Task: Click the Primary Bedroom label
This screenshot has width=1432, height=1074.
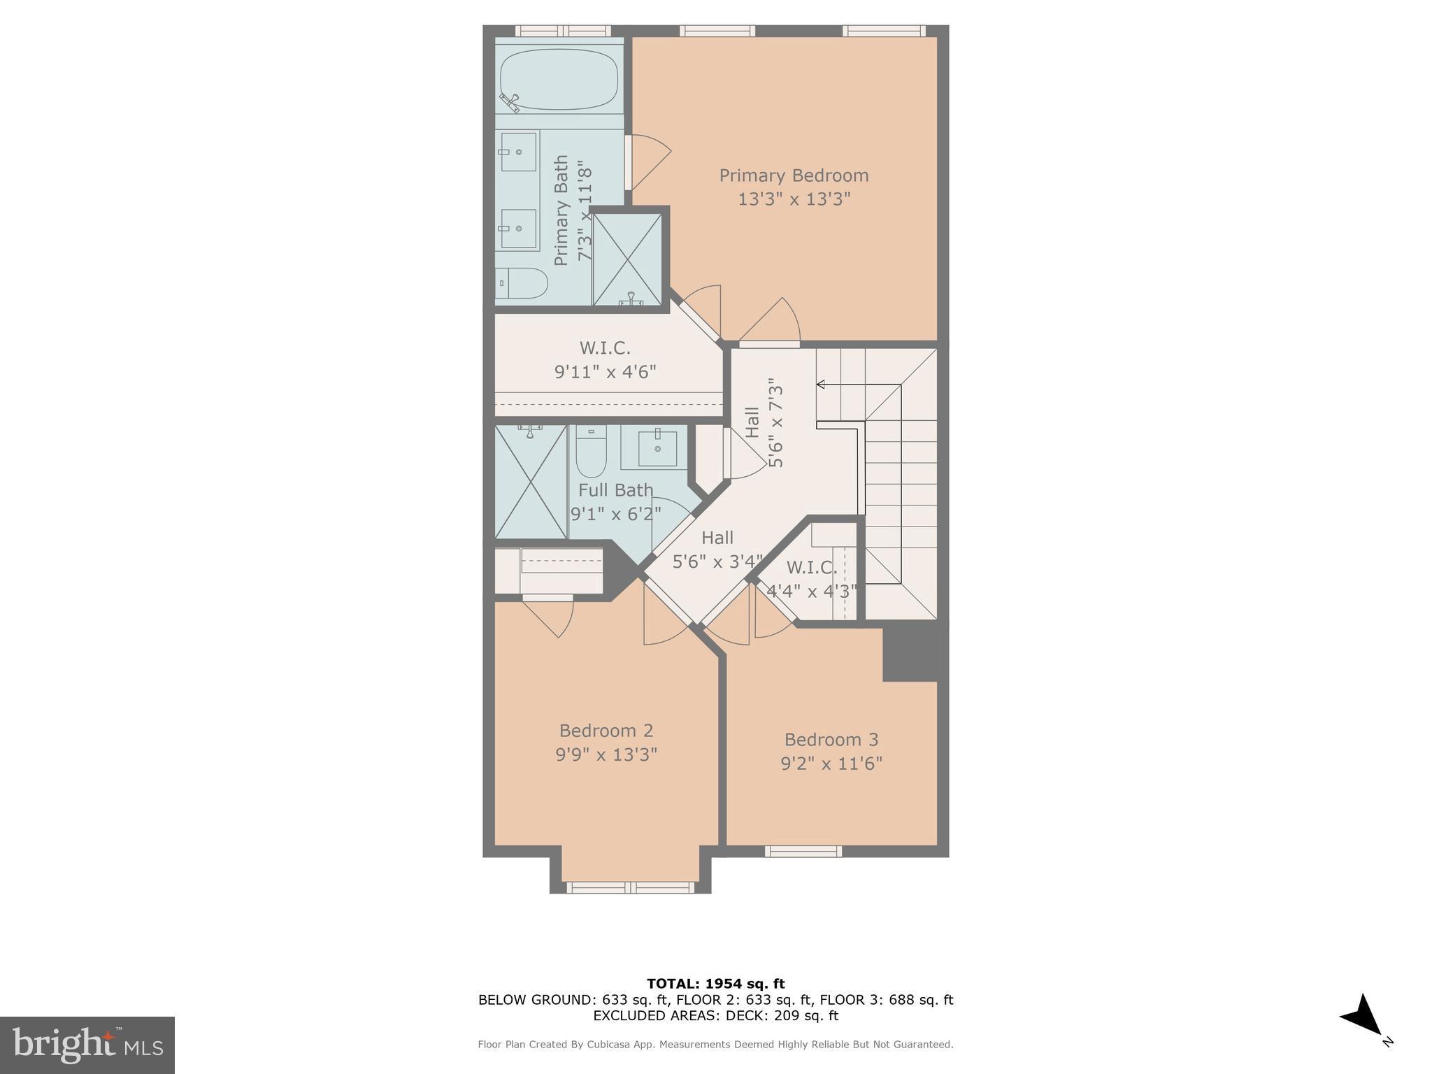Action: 794,176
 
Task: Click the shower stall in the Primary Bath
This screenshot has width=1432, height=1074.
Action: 627,259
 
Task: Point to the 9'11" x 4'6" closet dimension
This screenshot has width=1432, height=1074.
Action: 605,371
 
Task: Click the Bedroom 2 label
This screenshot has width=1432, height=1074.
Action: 606,731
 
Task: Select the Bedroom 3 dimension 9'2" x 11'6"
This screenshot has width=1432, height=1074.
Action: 831,763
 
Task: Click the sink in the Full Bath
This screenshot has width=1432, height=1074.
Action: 657,448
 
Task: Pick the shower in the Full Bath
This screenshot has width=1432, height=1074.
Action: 531,482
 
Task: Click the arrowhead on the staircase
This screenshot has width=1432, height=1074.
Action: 821,384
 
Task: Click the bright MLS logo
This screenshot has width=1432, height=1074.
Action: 87,1045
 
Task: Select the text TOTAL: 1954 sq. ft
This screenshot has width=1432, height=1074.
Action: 715,984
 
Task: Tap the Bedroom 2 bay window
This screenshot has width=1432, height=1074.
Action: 630,887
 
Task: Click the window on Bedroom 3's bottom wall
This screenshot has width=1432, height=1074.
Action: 803,851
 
